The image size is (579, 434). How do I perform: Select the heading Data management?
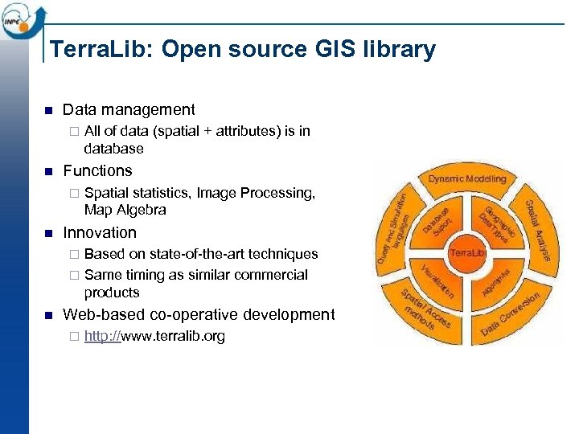pyautogui.click(x=129, y=110)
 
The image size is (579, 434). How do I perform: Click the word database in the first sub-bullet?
pyautogui.click(x=113, y=149)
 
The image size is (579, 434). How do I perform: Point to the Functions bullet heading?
pyautogui.click(x=97, y=170)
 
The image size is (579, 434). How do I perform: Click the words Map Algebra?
pyautogui.click(x=125, y=211)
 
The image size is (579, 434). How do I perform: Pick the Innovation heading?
pyautogui.click(x=100, y=232)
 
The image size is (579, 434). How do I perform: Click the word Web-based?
pyautogui.click(x=101, y=314)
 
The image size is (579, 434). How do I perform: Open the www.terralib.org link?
pyautogui.click(x=154, y=336)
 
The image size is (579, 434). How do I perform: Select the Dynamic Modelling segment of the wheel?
pyautogui.click(x=466, y=178)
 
